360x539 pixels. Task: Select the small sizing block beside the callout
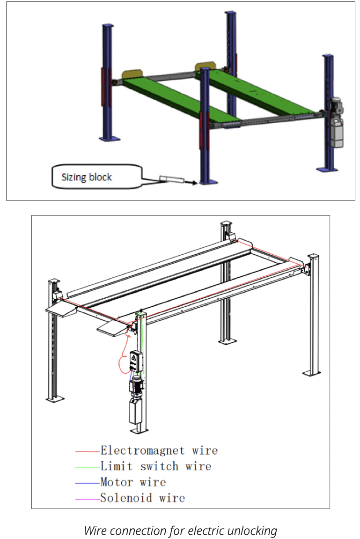[x=172, y=179]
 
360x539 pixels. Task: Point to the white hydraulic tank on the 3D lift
[x=337, y=133]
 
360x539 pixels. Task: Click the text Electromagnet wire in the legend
[x=159, y=450]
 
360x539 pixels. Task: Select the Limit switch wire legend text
[x=155, y=466]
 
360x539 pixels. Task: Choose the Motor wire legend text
[x=133, y=482]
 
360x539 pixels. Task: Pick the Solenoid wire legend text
[x=143, y=498]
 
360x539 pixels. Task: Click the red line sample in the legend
[x=88, y=450]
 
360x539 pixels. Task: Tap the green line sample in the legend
[x=88, y=467]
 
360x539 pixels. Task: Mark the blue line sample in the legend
[x=88, y=483]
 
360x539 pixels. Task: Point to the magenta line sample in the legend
[x=88, y=499]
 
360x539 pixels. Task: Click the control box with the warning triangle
[x=136, y=361]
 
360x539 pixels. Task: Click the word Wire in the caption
[x=96, y=530]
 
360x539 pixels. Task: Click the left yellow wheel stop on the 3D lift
[x=132, y=74]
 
